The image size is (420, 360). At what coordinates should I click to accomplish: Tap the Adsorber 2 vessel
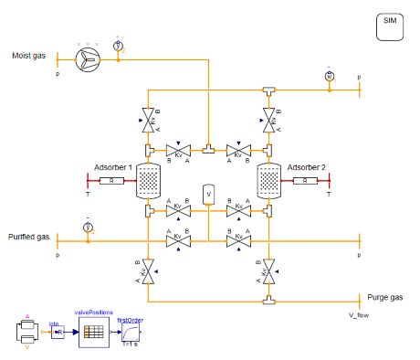268,182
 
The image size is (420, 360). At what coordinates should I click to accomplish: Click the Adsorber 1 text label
113,167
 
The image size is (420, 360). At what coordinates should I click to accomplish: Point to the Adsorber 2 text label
307,167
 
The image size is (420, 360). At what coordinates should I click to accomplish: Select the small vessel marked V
208,195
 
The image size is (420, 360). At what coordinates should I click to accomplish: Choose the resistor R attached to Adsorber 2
306,182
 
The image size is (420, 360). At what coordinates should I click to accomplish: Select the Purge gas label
378,297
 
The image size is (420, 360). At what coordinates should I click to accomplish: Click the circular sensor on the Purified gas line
88,227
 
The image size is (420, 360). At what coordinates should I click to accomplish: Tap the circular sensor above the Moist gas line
118,45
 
